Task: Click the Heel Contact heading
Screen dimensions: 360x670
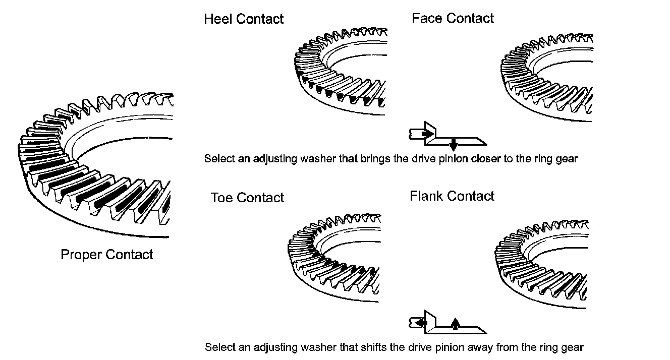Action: [244, 19]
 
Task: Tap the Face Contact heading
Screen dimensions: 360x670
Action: [453, 19]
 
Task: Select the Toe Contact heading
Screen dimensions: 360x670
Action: [247, 198]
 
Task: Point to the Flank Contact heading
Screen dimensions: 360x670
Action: [452, 196]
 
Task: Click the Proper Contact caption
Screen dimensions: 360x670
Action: [106, 254]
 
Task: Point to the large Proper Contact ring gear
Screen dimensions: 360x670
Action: [96, 166]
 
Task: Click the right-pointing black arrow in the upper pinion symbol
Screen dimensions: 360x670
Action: [427, 134]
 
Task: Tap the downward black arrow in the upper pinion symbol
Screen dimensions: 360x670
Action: [453, 145]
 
